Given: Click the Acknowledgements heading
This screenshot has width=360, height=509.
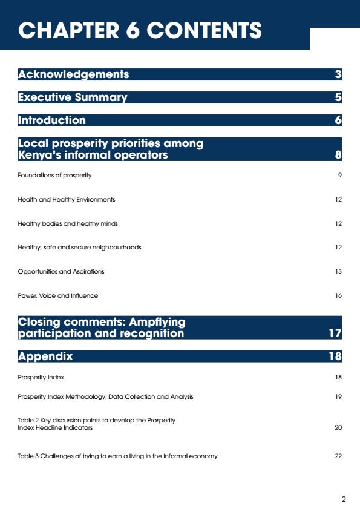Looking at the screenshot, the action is (x=73, y=74).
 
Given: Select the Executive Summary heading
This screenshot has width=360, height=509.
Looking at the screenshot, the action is (x=73, y=97).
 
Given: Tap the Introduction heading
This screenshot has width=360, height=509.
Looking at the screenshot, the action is (x=52, y=120).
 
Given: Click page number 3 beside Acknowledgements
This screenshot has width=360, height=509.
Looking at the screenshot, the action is (x=338, y=74).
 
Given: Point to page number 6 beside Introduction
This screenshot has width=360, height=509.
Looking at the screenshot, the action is (x=338, y=120).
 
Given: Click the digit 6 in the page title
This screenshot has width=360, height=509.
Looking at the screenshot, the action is (x=133, y=30).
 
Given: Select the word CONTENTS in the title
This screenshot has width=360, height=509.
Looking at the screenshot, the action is (x=205, y=30).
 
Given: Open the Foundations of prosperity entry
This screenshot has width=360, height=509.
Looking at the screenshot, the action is (x=54, y=176).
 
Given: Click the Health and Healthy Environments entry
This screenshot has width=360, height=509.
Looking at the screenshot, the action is (x=67, y=199).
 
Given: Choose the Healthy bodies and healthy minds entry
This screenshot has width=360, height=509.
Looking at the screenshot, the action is (x=68, y=224).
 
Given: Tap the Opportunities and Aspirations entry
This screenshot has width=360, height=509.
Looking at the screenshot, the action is (x=61, y=271).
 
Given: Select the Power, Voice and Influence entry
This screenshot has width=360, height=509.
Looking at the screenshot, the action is (x=58, y=296).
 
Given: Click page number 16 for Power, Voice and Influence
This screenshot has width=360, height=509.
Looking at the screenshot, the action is (x=338, y=296).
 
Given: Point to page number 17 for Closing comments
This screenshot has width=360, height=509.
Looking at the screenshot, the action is (x=335, y=333).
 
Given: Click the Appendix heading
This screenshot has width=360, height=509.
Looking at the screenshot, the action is (x=45, y=356).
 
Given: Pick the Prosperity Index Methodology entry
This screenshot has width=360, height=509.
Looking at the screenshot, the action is (x=105, y=396).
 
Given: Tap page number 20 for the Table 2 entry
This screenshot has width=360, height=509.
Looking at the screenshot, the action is (x=338, y=427).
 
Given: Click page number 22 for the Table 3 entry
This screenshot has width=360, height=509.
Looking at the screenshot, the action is (x=338, y=456).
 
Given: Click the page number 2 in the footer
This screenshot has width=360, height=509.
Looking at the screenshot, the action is (x=344, y=499).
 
